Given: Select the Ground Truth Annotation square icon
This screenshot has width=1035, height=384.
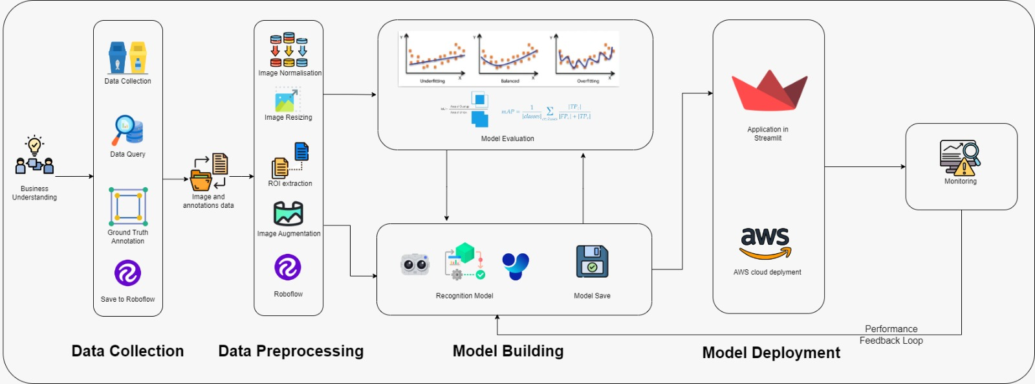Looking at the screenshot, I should pos(128,207).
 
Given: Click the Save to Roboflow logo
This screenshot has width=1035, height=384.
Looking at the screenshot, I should pos(127,273).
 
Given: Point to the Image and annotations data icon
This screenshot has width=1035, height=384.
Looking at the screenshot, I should pos(209,172).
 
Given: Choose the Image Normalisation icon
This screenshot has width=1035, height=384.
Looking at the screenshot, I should pos(289,50).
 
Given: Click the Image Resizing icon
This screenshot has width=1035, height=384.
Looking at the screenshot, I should pos(288,100).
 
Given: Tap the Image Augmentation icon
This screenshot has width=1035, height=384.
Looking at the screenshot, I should pos(289,213).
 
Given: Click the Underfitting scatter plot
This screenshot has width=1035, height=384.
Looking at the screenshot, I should pos(433,57).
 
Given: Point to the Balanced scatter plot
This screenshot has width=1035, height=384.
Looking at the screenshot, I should pos(509,57).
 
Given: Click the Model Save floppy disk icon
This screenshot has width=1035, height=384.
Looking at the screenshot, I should pos(592,262).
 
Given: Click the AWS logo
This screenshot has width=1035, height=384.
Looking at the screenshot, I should pos(766,243).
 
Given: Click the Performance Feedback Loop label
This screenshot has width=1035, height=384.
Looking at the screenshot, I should pos(891,335).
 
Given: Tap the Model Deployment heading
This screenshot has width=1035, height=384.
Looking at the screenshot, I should pos(771,353).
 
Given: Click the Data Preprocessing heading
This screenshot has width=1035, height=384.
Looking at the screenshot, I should pos(290,351).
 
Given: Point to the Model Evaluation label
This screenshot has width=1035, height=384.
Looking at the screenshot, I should pos(507,139).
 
